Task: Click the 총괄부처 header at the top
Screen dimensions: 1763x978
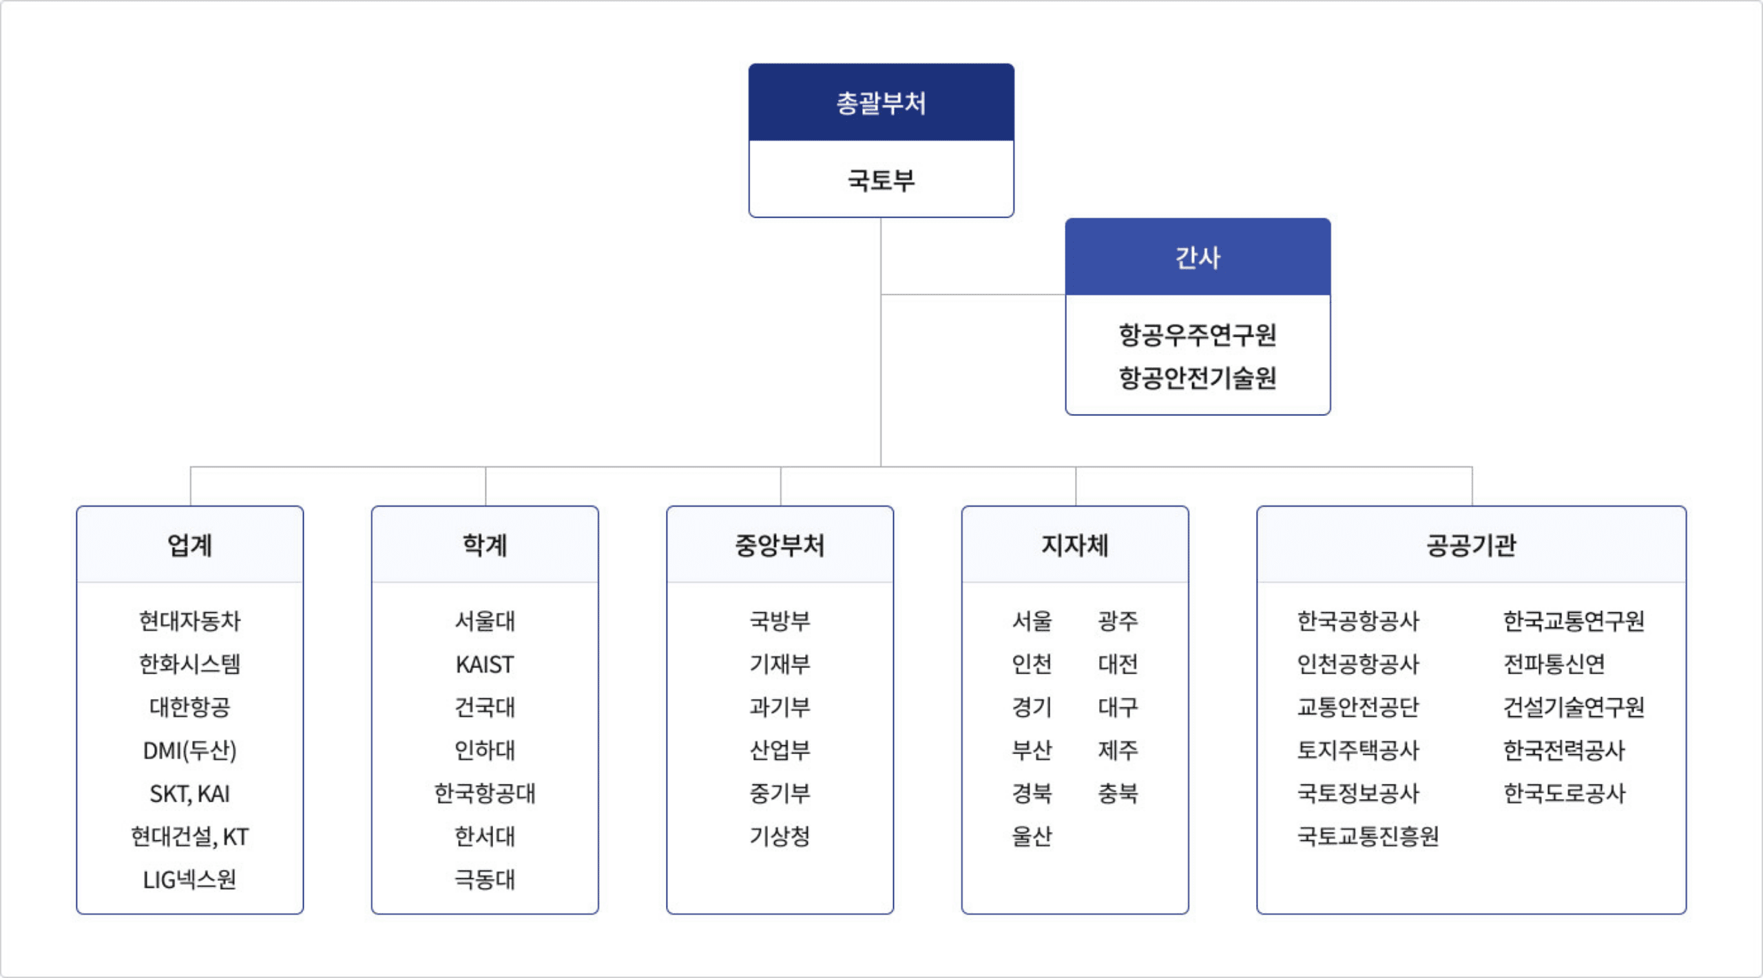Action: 881,103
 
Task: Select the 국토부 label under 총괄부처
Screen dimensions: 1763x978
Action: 881,180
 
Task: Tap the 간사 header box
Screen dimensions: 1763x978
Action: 1198,258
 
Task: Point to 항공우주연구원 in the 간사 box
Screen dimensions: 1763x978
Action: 1198,335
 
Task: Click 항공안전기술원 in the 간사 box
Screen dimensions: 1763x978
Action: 1198,378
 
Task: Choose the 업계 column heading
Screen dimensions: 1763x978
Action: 190,545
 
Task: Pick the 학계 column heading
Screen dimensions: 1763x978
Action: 485,545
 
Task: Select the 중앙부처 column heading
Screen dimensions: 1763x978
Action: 780,545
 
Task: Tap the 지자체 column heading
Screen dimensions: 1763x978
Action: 1075,545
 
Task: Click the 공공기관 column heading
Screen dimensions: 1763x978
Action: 1471,545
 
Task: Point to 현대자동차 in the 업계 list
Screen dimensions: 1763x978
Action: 190,621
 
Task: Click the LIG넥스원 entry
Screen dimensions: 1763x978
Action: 190,880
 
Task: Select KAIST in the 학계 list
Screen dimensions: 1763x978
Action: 485,665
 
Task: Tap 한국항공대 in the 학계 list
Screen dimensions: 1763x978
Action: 485,793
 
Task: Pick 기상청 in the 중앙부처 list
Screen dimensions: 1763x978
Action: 780,837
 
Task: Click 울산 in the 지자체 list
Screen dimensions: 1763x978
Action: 1032,837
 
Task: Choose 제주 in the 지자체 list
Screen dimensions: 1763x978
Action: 1118,751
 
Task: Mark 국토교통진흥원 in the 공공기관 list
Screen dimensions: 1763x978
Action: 1368,837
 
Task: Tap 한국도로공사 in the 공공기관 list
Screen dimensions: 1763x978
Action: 1564,793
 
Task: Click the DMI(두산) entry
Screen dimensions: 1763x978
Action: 190,751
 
